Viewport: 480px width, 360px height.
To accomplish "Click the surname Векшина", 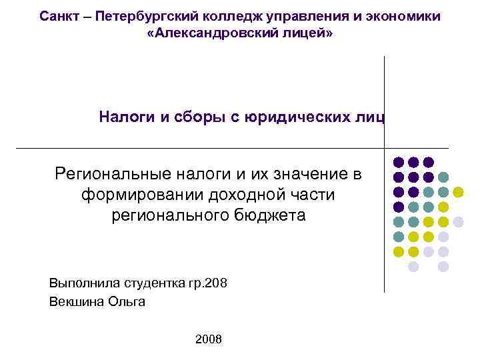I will [x=73, y=301].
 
